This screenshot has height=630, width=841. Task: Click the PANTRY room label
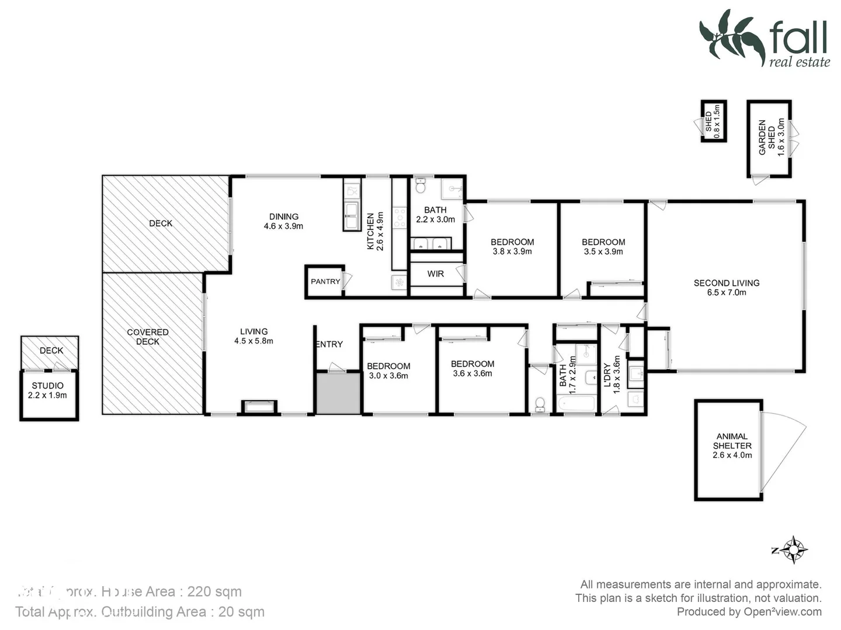pyautogui.click(x=325, y=282)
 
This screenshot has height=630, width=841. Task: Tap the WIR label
pyautogui.click(x=436, y=274)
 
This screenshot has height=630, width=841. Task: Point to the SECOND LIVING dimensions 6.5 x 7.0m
pyautogui.click(x=727, y=293)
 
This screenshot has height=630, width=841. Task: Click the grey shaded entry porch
pyautogui.click(x=338, y=393)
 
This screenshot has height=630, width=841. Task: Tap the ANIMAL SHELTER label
pyautogui.click(x=732, y=441)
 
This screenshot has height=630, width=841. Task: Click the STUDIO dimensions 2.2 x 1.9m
pyautogui.click(x=47, y=395)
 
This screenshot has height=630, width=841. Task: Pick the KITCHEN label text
pyautogui.click(x=370, y=231)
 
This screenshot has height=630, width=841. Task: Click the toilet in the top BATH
pyautogui.click(x=420, y=186)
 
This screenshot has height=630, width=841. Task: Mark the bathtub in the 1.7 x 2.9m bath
pyautogui.click(x=576, y=404)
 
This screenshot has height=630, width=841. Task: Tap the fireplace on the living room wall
pyautogui.click(x=259, y=406)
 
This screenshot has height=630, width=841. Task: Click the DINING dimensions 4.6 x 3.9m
pyautogui.click(x=283, y=226)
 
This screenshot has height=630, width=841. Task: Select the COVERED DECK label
pyautogui.click(x=148, y=337)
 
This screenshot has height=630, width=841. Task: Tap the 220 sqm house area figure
pyautogui.click(x=214, y=591)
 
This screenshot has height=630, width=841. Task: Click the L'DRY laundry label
pyautogui.click(x=607, y=375)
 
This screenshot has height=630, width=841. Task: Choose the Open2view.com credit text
pyautogui.click(x=783, y=612)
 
